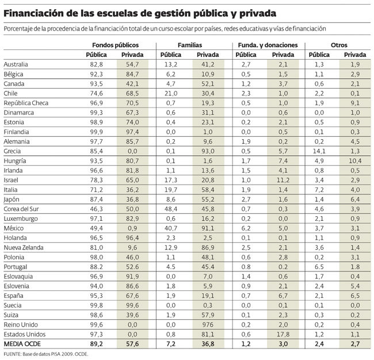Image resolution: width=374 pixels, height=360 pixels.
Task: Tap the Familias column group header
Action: pos(189,44)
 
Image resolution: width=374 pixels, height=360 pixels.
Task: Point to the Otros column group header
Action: pos(339,44)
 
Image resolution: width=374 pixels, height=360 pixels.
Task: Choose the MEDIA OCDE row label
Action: pos(21,344)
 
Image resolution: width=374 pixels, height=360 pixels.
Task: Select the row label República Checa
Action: pos(26,103)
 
